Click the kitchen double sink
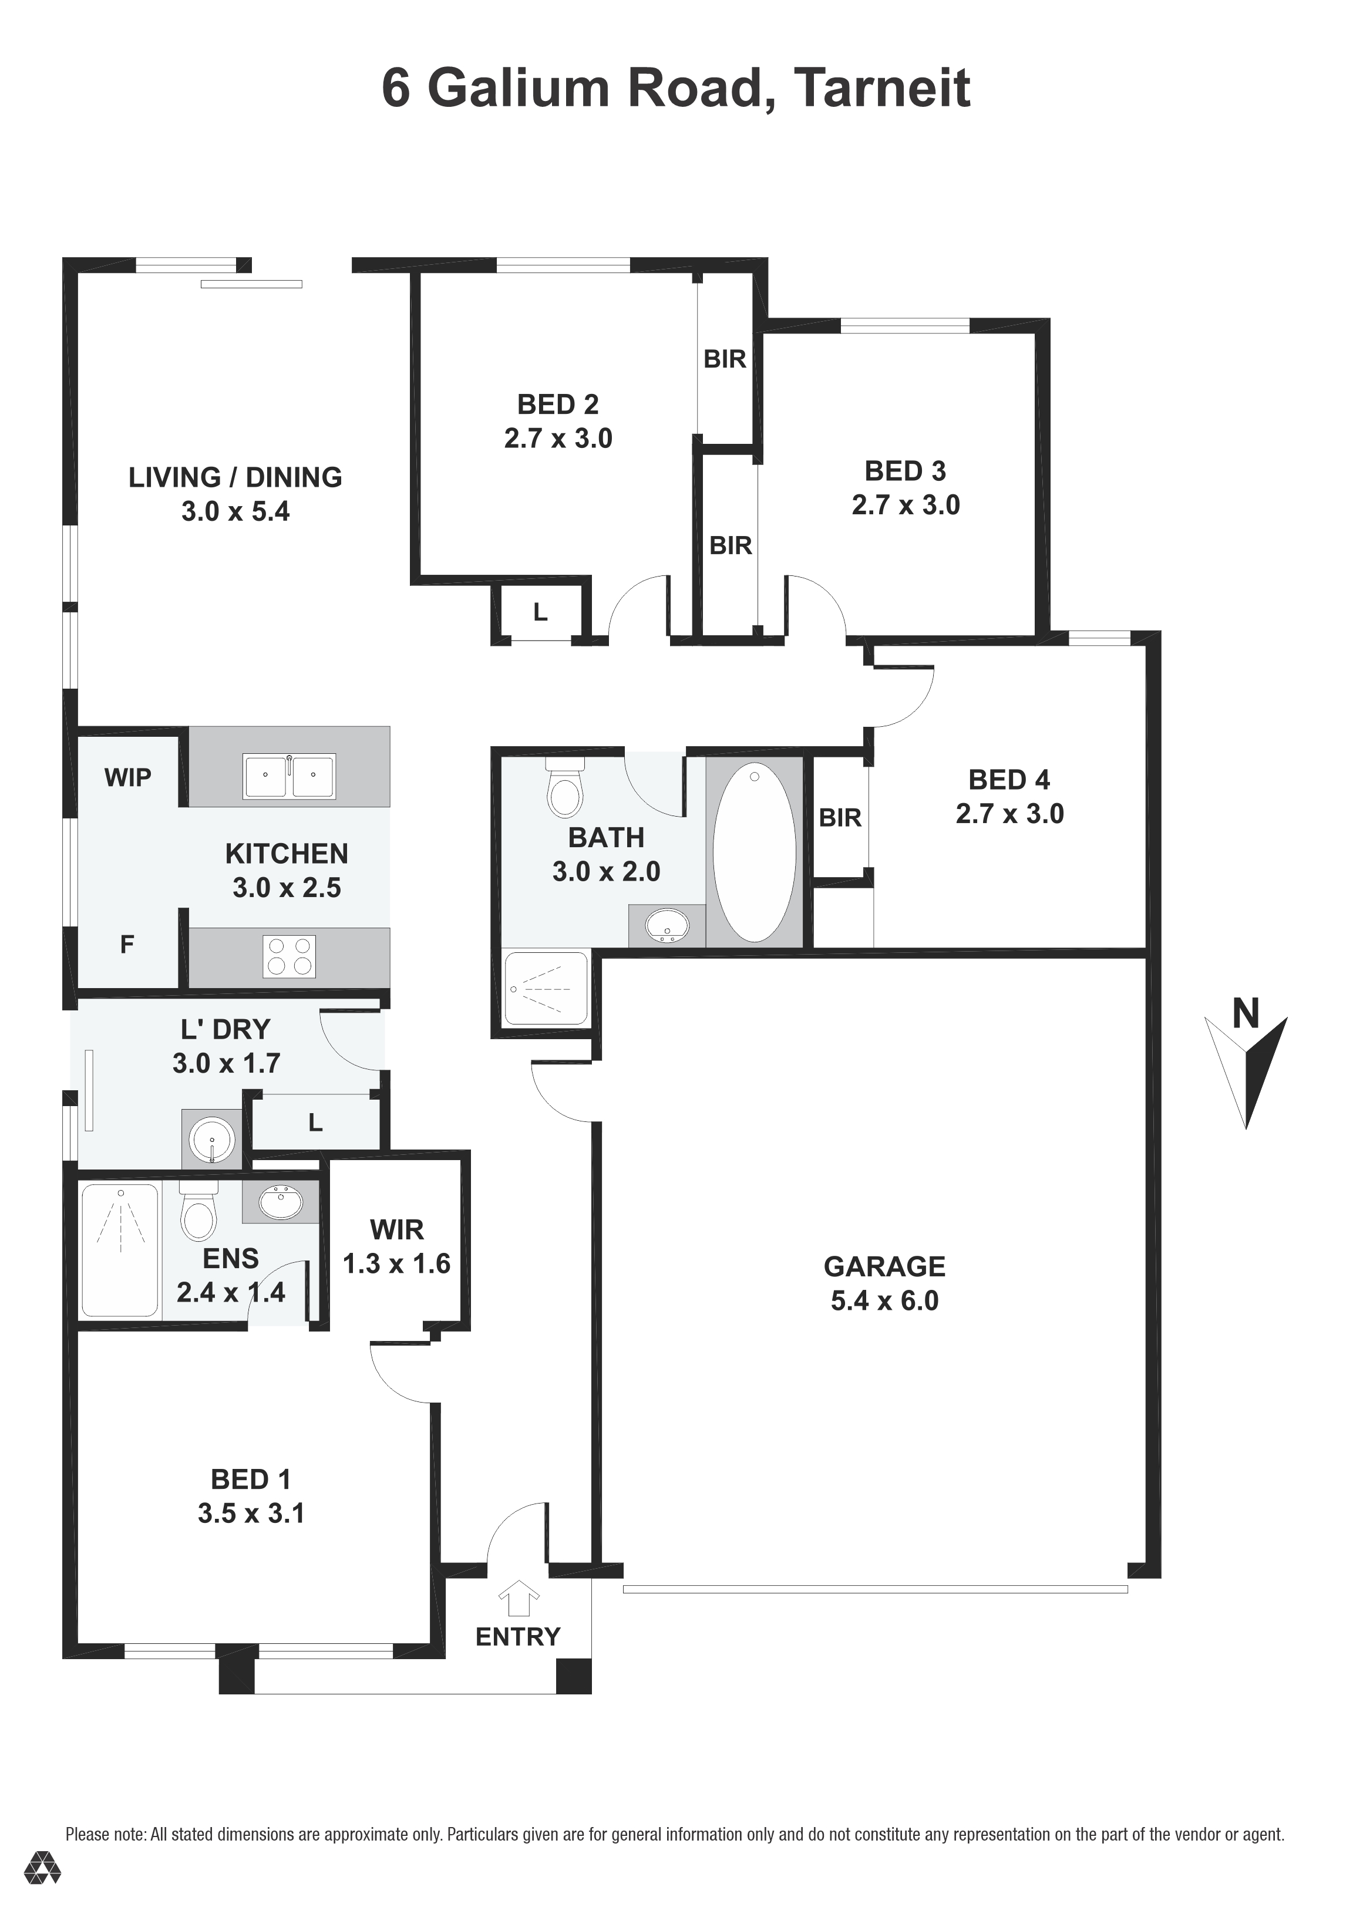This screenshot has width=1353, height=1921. point(289,776)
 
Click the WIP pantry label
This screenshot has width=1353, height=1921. point(128,777)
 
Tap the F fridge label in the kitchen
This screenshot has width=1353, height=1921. point(127,945)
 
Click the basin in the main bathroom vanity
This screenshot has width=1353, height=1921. point(667,925)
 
